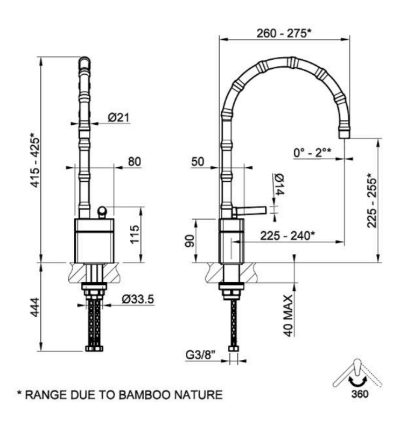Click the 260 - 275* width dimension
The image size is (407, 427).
[284, 33]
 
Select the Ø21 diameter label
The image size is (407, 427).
[119, 117]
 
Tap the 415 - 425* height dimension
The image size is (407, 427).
[35, 161]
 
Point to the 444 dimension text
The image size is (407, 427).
[35, 307]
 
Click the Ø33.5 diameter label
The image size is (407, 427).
[138, 299]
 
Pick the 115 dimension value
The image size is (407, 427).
[135, 234]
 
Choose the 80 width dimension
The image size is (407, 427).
[135, 161]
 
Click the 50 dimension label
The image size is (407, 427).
[198, 161]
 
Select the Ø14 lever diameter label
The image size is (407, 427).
[280, 184]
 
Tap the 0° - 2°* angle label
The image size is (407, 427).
[312, 152]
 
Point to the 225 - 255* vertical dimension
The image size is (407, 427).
[372, 201]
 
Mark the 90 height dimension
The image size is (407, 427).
[190, 241]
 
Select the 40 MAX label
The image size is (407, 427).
[288, 315]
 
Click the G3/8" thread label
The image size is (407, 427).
[201, 355]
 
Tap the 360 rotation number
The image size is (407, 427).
[360, 394]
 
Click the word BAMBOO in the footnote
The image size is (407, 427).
[145, 395]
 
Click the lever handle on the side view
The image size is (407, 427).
[249, 210]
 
